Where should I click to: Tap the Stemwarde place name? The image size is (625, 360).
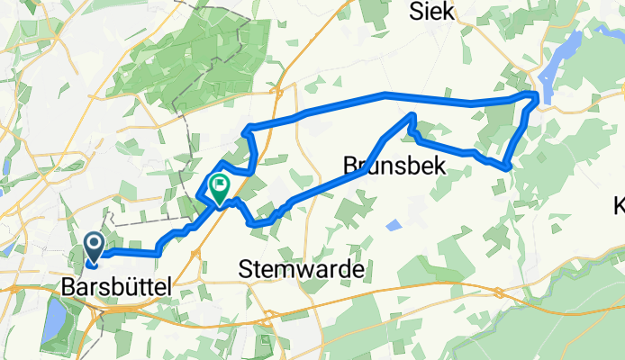pos(303,268)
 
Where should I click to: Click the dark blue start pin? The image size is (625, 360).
pos(94,244)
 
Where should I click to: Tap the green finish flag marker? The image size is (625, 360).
pos(219,186)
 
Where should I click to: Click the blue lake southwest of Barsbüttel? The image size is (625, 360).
pos(53,316)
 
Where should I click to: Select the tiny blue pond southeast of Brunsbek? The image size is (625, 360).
pos(395,224)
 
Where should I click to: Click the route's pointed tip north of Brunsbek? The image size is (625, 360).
pos(412,114)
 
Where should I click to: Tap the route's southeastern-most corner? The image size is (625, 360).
pos(509,166)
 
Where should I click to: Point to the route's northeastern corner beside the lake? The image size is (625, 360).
pos(537,94)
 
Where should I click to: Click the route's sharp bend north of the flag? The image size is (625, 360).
pos(246,131)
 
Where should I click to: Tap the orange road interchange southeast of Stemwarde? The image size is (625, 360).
pos(499,291)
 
